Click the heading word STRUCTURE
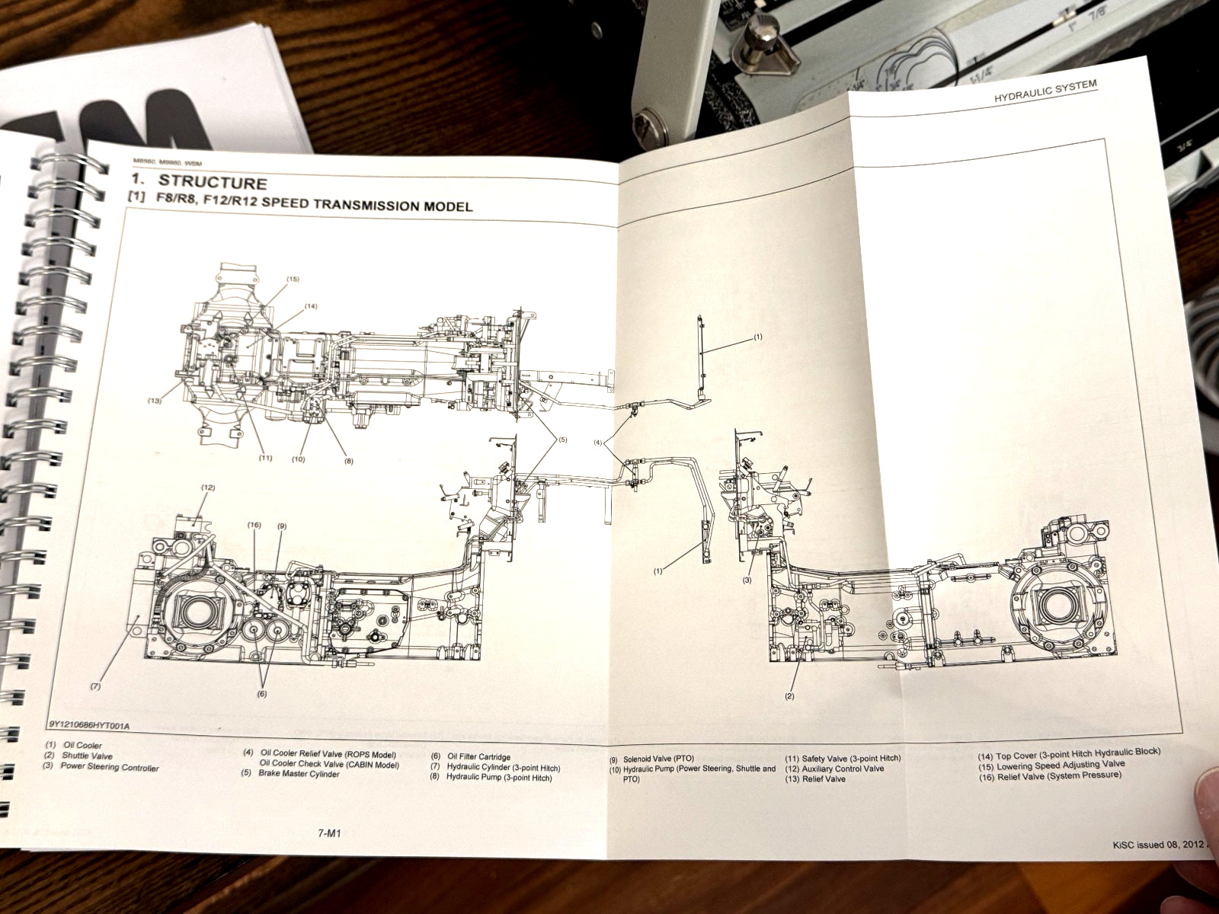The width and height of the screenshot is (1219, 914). point(212,183)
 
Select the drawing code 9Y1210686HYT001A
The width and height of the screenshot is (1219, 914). point(89,725)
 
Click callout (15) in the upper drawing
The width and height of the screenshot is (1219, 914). point(293,280)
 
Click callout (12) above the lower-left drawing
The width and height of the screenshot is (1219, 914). point(207,486)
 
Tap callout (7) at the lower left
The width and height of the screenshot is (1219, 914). point(95,686)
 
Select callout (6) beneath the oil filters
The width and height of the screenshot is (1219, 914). point(261,693)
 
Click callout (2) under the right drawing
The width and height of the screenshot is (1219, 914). point(789,696)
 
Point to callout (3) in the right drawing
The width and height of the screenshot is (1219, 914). point(747,580)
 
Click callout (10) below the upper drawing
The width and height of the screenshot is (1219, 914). point(297,459)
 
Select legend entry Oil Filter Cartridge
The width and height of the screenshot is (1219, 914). point(478,757)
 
